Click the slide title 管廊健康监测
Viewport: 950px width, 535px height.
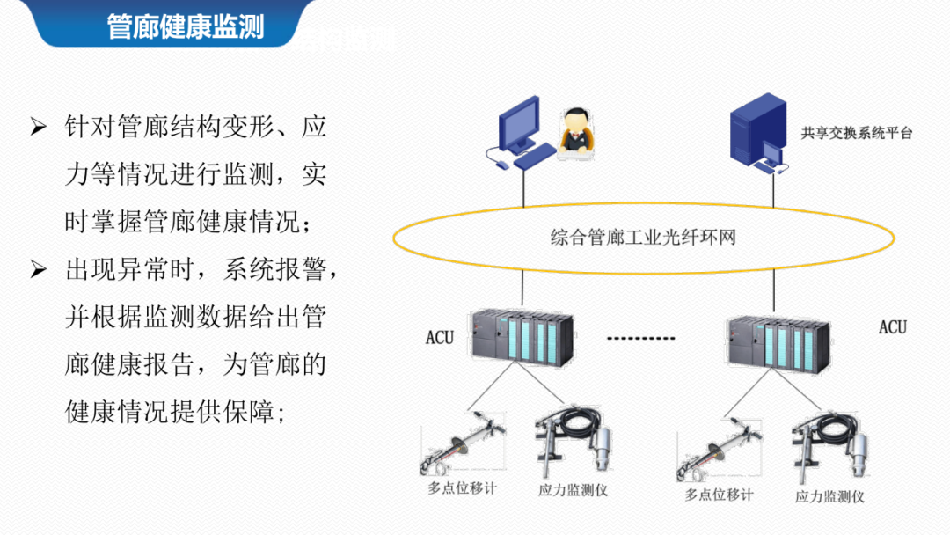[185, 26]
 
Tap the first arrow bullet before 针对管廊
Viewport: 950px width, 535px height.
[38, 127]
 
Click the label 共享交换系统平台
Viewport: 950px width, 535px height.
[857, 134]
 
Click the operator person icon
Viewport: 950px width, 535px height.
[576, 132]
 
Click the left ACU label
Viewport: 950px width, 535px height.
[440, 337]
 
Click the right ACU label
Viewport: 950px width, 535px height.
[892, 327]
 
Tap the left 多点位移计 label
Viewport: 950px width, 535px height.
[461, 487]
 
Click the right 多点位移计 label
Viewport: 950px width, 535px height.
[719, 494]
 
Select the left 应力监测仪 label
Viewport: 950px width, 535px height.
[574, 489]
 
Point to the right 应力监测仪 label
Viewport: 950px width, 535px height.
[829, 496]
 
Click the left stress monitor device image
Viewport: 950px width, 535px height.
[571, 440]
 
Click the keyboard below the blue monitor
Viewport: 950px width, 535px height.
[534, 158]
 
